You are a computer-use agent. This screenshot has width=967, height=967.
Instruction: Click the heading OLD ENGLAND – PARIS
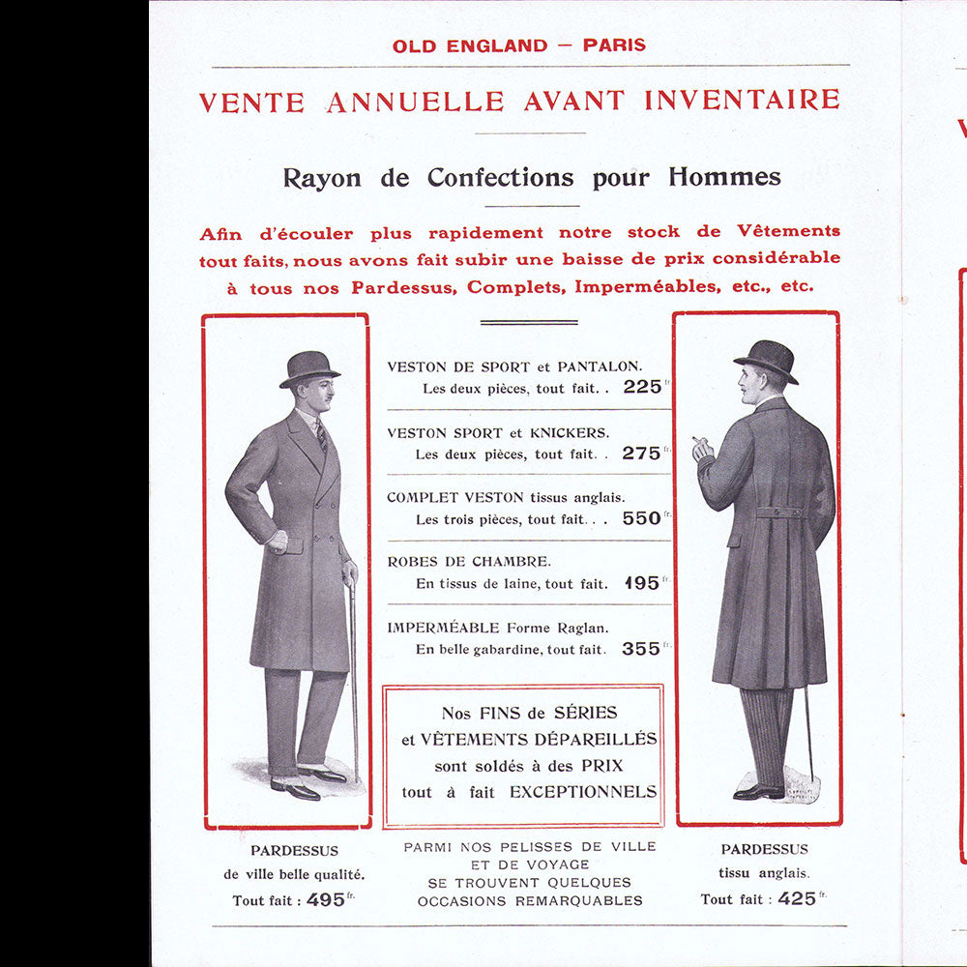(x=518, y=44)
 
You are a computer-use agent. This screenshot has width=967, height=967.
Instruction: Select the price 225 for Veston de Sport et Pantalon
(x=642, y=387)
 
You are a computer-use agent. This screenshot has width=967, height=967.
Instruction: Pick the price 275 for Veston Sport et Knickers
(x=642, y=453)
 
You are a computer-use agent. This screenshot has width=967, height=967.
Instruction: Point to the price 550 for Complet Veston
(x=642, y=518)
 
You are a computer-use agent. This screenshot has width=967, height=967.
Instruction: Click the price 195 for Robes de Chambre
(x=642, y=583)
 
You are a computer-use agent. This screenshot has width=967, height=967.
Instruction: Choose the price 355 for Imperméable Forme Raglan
(x=642, y=649)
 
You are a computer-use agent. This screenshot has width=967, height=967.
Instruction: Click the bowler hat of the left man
(x=309, y=367)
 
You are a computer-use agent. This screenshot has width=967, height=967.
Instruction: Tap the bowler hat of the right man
(x=767, y=358)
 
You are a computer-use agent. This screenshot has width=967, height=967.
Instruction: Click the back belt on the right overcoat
(x=779, y=512)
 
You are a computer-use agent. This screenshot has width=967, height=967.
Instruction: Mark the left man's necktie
(x=321, y=435)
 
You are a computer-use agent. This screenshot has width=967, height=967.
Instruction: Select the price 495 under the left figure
(x=325, y=899)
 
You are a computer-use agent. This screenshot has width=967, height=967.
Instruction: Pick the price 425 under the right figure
(x=797, y=898)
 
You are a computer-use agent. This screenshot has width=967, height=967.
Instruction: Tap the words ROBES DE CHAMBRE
(x=469, y=561)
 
